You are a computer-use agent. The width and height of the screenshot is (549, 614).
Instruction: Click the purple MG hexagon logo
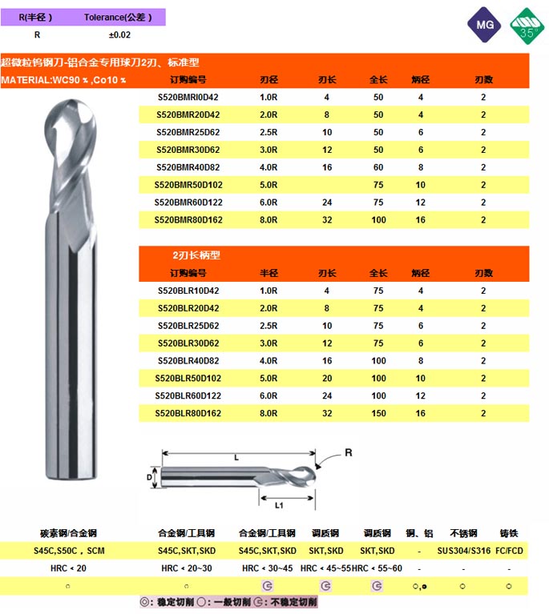point(483,26)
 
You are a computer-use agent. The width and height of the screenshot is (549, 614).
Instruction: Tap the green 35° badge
point(527,26)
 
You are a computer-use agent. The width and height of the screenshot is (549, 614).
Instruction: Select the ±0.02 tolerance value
point(119,35)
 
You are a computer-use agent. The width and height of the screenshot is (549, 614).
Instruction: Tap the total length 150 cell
point(378,414)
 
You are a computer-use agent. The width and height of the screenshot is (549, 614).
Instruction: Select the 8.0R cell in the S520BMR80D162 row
point(268,220)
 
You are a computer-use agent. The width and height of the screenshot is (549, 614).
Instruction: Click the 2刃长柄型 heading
point(196,255)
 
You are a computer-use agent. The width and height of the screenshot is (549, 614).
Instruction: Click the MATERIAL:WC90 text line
point(64,80)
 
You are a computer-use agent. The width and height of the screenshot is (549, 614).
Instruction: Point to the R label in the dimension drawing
point(348,453)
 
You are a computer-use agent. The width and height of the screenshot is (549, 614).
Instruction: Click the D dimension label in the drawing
point(148,477)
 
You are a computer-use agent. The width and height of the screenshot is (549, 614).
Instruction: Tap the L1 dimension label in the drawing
point(278,505)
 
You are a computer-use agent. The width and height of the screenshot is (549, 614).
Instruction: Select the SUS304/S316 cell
point(465,551)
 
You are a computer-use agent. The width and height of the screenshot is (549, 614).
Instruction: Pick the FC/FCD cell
point(510,551)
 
